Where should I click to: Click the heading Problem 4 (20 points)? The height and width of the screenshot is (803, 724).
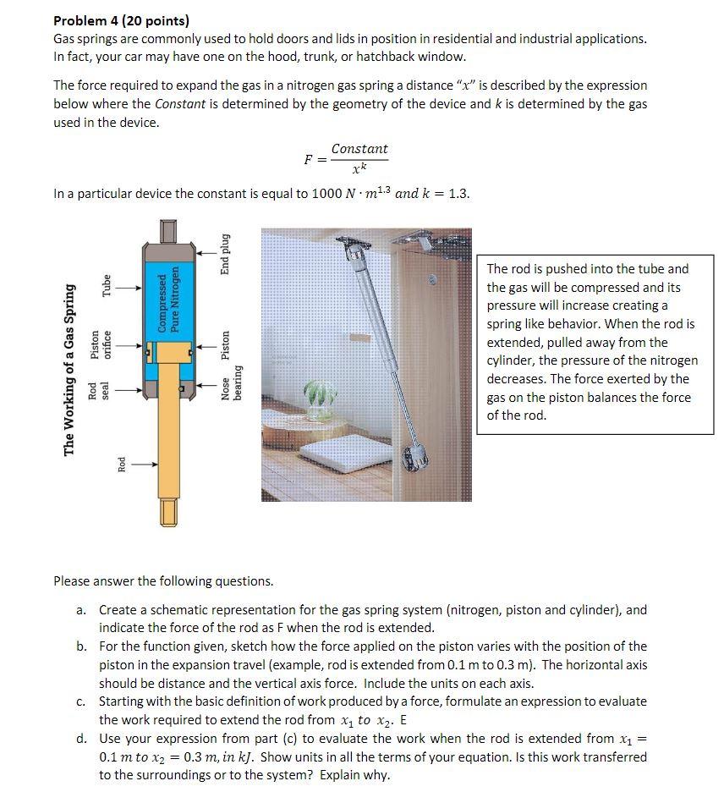pos(121,20)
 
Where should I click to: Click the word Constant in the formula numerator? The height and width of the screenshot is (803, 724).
pos(359,149)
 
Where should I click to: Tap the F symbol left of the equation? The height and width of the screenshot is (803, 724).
pos(310,158)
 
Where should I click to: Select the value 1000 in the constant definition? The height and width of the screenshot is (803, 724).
pos(326,194)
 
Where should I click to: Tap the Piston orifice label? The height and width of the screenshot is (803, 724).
pos(101,344)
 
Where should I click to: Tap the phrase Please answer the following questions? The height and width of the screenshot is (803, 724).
pos(163,581)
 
